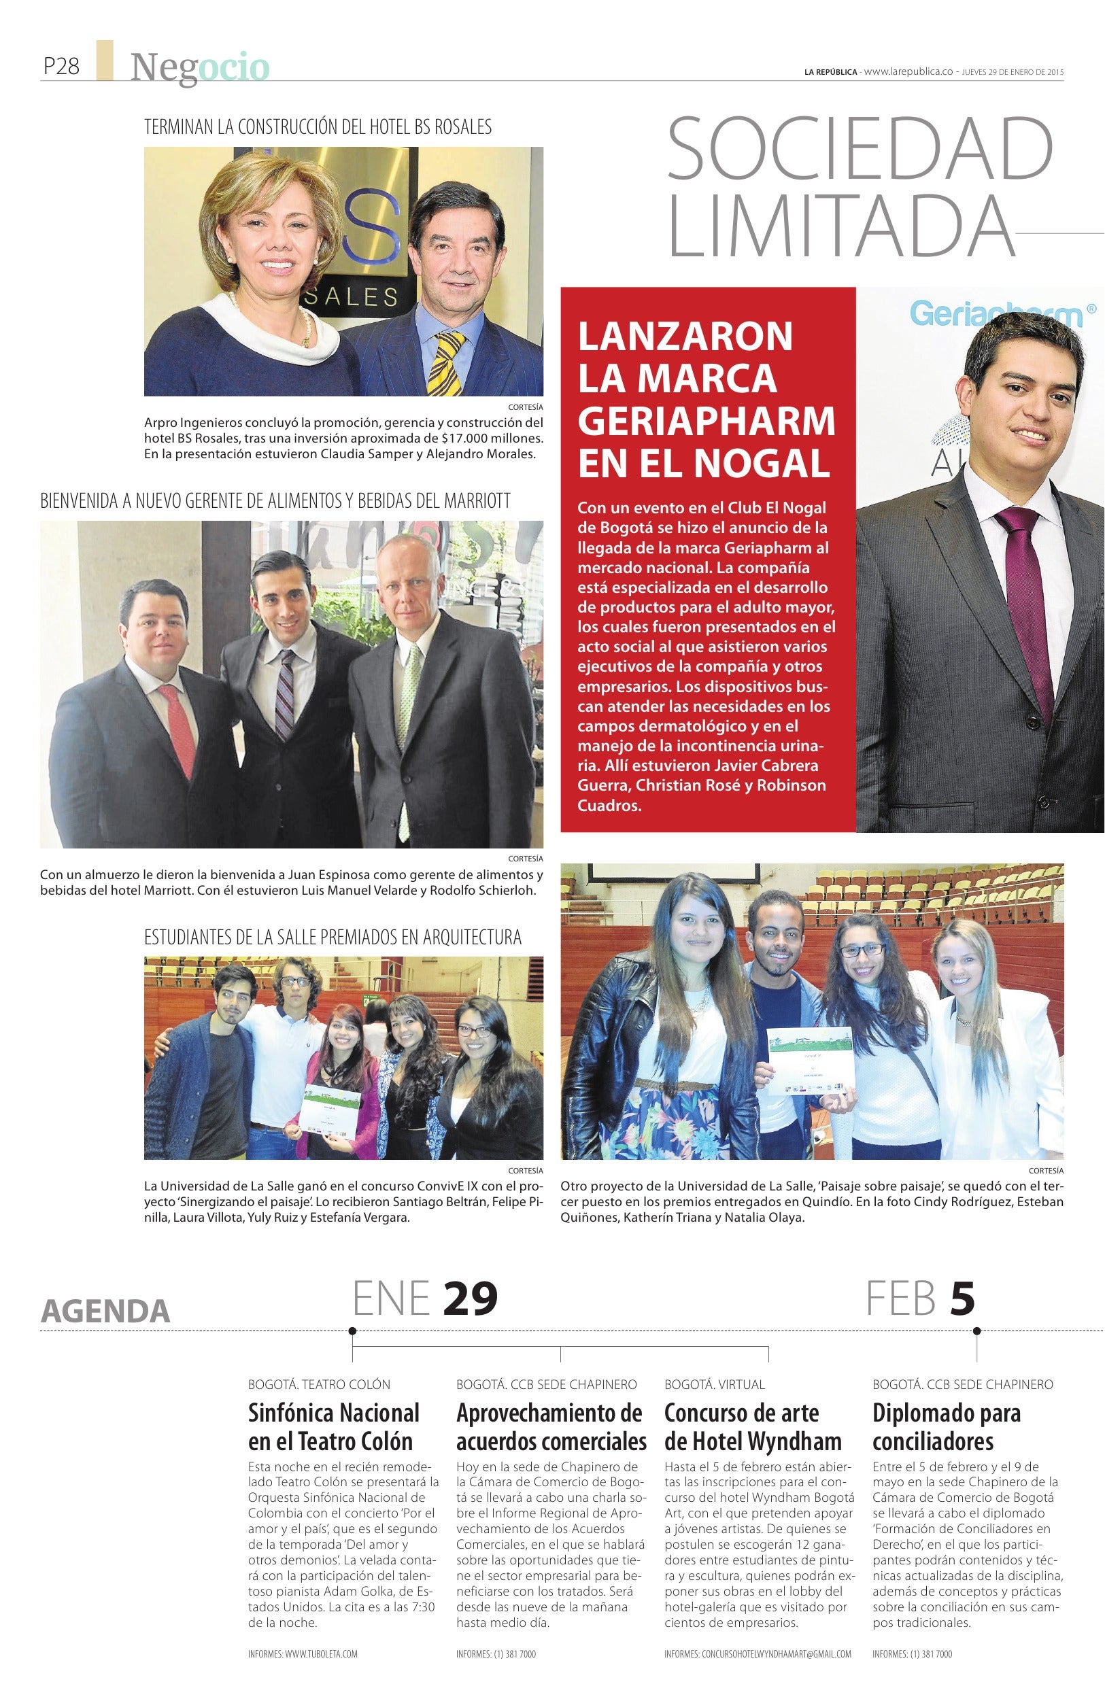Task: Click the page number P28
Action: [x=61, y=67]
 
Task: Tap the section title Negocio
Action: [x=200, y=68]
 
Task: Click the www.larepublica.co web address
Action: [x=908, y=71]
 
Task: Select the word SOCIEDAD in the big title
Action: [x=860, y=150]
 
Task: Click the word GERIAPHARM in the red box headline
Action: [x=706, y=420]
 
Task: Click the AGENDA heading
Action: [x=105, y=1311]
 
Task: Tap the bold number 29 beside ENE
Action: [x=470, y=1298]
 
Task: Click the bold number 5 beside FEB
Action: [x=962, y=1298]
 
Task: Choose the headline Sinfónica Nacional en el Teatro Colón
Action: [x=333, y=1428]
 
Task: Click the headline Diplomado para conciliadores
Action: [x=946, y=1428]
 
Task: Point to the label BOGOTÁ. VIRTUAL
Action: [x=714, y=1385]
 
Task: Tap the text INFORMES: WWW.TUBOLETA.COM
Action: [x=303, y=1654]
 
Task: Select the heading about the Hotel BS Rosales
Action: [x=318, y=127]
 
